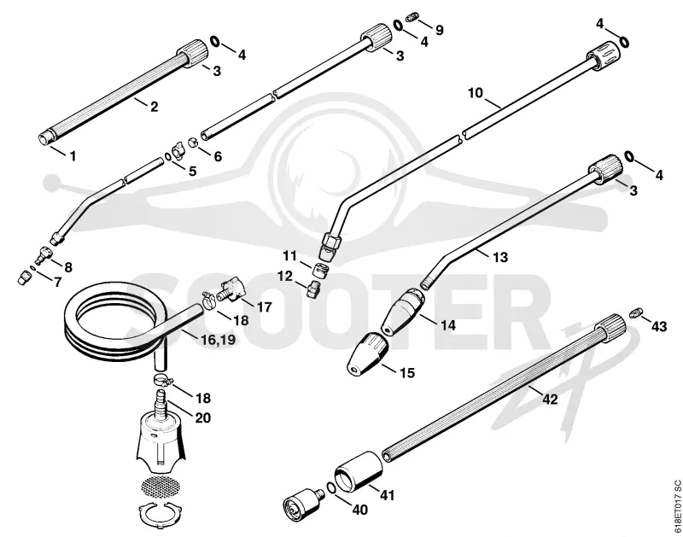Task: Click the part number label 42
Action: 550,399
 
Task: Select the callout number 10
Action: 476,93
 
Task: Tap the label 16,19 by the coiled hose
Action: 218,339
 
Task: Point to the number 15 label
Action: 407,373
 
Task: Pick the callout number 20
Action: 203,417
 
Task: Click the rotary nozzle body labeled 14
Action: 403,312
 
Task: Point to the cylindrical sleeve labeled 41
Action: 359,472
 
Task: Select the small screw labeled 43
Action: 636,312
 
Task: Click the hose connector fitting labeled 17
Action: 230,291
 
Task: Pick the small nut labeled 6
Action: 193,142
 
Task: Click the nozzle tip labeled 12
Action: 313,289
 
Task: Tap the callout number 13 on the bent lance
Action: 500,257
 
